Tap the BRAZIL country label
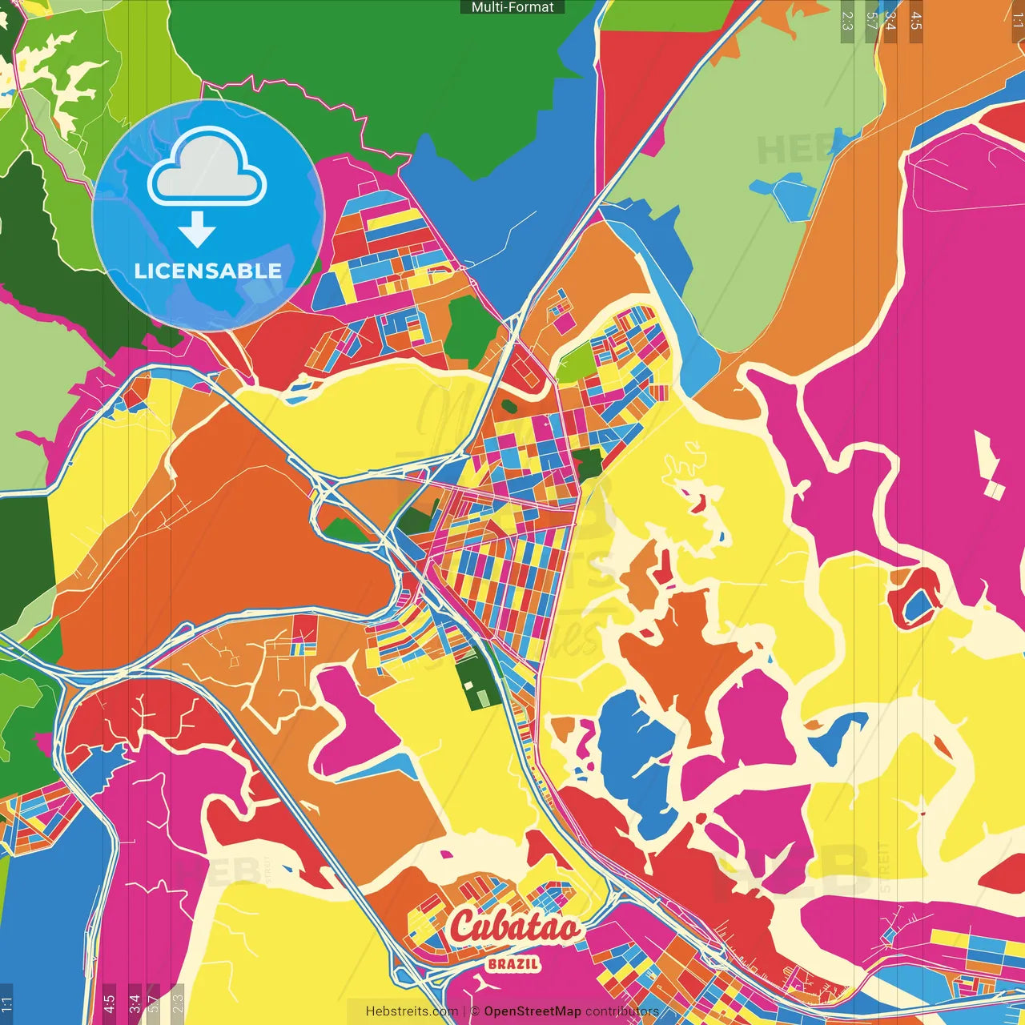click(513, 964)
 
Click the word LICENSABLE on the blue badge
click(207, 271)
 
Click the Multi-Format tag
click(512, 7)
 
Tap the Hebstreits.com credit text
click(412, 1011)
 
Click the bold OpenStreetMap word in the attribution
click(533, 1011)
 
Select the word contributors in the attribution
click(622, 1011)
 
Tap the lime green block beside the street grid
click(573, 365)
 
